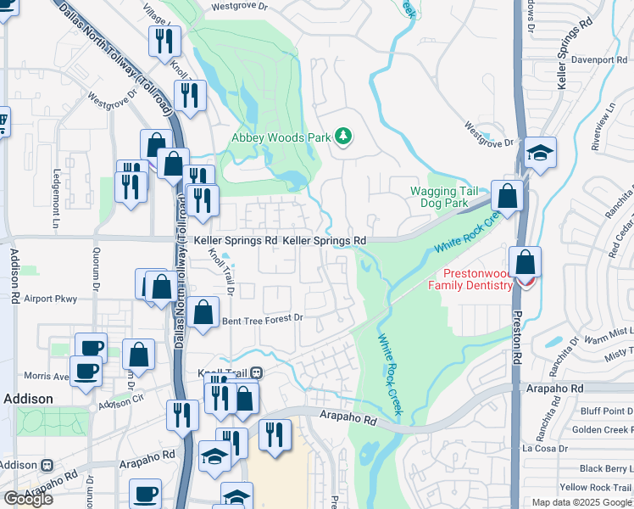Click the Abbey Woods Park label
[281, 137]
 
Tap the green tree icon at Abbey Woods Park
[343, 137]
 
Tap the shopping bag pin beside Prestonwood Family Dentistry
[525, 262]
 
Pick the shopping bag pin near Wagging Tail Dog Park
[507, 196]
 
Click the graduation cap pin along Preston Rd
[539, 154]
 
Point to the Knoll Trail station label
[225, 373]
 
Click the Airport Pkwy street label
[51, 299]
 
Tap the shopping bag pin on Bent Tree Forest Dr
[203, 313]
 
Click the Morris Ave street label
[46, 376]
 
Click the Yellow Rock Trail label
[596, 487]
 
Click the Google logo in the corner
[28, 499]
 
